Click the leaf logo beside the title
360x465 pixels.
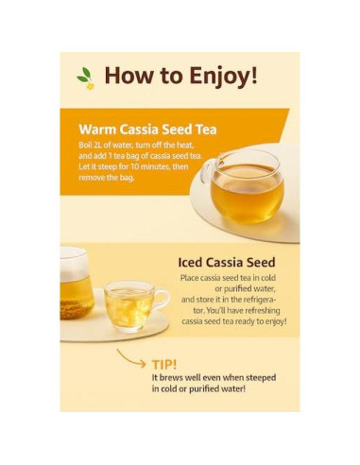pyautogui.click(x=85, y=77)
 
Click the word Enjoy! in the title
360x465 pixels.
pyautogui.click(x=220, y=77)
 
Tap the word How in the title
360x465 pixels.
pyautogui.click(x=125, y=77)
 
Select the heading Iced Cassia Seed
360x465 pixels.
pyautogui.click(x=227, y=262)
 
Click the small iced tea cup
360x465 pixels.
pyautogui.click(x=129, y=304)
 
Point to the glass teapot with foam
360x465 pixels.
pyautogui.click(x=76, y=284)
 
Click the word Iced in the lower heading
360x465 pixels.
pyautogui.click(x=193, y=262)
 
